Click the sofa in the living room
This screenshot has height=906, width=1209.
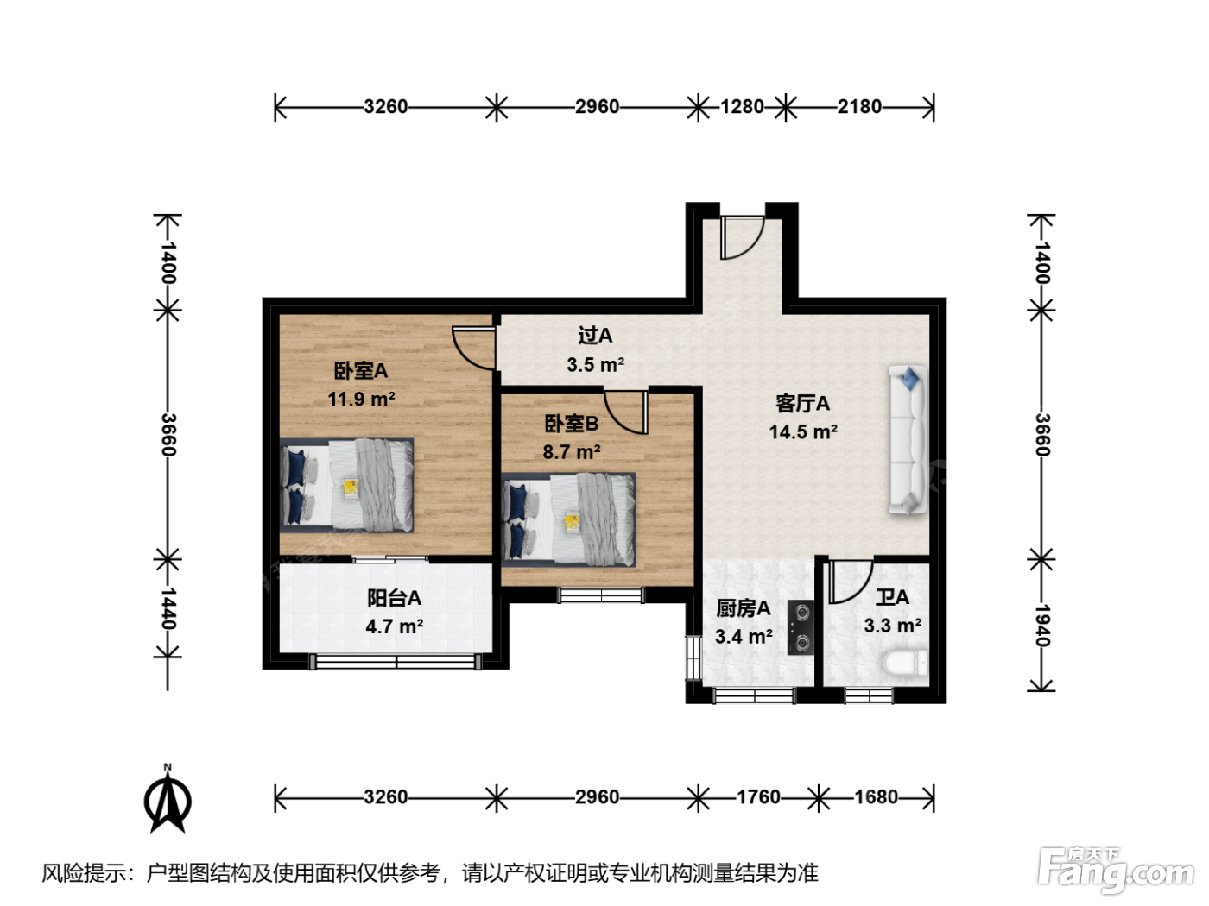[x=908, y=440]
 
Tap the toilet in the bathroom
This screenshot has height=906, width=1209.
[x=905, y=663]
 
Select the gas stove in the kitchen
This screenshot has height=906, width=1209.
[x=801, y=627]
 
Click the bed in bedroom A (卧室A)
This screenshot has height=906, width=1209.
[x=346, y=485]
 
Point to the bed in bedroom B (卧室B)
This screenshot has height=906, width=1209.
[x=568, y=519]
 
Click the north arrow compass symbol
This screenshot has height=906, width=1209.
[x=168, y=799]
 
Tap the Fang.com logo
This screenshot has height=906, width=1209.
[x=1116, y=870]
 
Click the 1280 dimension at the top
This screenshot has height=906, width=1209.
[x=742, y=106]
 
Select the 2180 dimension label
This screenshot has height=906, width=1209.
[x=859, y=106]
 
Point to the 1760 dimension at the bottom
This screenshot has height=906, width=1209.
[x=758, y=796]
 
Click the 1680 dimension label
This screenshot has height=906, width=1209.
[x=876, y=796]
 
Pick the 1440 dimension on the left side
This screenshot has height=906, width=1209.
[x=168, y=608]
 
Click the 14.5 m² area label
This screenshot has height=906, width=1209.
[x=803, y=431]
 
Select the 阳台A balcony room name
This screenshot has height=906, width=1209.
[x=394, y=598]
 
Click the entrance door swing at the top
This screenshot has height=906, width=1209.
[x=741, y=237]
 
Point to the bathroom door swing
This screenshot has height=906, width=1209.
[x=850, y=581]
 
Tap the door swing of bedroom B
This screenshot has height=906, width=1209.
[x=626, y=412]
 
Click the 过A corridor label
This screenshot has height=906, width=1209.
[x=595, y=335]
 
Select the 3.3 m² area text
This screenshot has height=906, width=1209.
[x=892, y=626]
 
